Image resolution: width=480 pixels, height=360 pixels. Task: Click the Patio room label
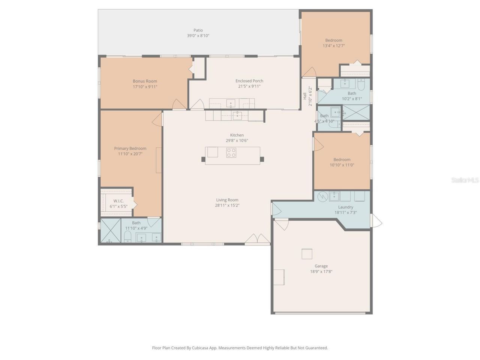tap(198, 30)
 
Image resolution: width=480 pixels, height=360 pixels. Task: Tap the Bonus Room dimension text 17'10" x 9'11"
tap(145, 87)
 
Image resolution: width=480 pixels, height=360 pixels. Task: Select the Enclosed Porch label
tap(249, 81)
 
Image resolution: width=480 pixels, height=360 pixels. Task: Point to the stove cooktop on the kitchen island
tap(231, 153)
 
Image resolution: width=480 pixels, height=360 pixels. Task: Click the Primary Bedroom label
tap(130, 148)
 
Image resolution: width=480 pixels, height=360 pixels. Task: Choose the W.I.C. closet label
tap(118, 201)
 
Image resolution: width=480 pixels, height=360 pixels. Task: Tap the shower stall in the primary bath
tap(110, 231)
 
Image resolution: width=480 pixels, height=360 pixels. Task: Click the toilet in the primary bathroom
tap(127, 236)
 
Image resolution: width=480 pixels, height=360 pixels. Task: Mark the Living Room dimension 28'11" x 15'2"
tap(227, 205)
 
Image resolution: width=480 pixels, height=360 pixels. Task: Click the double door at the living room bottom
tap(258, 238)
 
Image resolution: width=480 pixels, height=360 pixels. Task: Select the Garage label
tap(321, 266)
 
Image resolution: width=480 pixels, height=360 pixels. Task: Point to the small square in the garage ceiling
tap(307, 254)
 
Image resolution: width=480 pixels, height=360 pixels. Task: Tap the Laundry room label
tap(345, 207)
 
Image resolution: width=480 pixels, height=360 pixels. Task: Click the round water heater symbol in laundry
tap(322, 197)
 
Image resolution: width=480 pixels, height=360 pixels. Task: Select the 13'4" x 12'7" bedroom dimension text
tap(333, 46)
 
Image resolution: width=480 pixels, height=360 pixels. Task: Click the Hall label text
tap(305, 96)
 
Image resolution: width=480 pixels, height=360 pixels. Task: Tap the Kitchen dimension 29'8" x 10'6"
tap(237, 141)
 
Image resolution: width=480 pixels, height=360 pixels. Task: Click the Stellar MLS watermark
tap(465, 180)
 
